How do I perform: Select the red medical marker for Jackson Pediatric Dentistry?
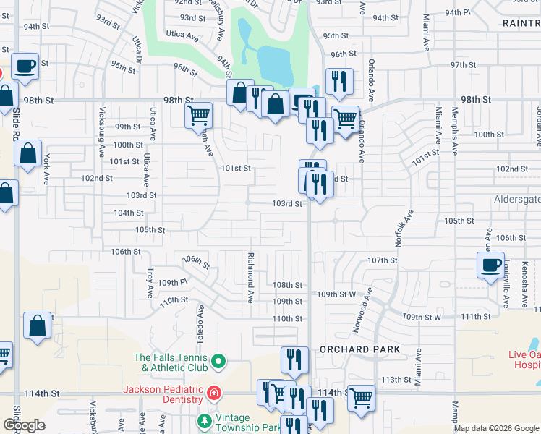(x=214, y=394)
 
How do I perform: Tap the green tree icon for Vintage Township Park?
(x=205, y=420)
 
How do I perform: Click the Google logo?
(x=24, y=426)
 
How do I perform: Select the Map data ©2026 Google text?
(x=496, y=428)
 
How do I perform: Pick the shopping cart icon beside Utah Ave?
(x=198, y=115)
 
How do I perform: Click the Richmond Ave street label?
(x=250, y=276)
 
